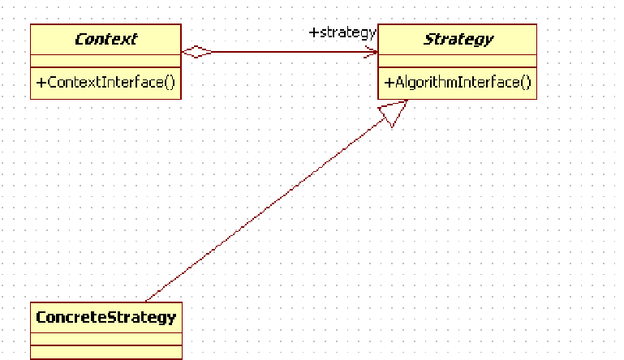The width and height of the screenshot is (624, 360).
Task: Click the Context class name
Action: pos(105,39)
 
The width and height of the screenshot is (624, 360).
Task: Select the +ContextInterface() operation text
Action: pos(105,83)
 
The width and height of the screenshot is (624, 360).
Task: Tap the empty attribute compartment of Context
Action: pos(105,61)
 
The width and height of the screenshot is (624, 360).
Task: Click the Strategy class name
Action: pos(458,39)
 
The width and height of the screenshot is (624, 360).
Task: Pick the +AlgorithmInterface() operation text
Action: pos(458,82)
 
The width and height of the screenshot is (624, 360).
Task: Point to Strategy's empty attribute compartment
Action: pos(458,61)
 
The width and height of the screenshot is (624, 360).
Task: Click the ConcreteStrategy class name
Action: pos(105,317)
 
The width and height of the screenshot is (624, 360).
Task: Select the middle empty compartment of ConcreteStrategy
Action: pos(105,337)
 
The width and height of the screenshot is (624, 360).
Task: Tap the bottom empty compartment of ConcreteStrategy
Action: pos(105,352)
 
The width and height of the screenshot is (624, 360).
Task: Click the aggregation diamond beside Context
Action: pos(197,53)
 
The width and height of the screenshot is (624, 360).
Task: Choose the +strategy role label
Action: pos(342,32)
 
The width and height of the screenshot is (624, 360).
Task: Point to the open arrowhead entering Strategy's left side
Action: pos(372,53)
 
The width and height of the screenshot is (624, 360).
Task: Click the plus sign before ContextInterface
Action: pos(39,83)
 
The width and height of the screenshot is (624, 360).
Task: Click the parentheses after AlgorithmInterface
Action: pos(526,82)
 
